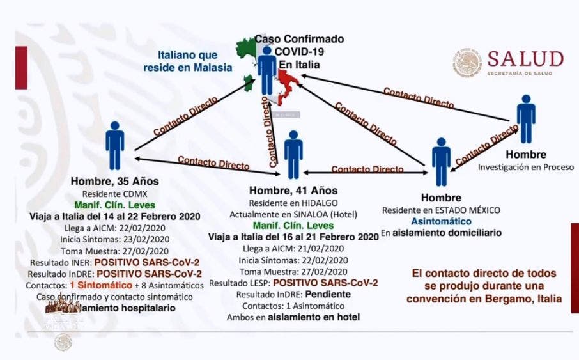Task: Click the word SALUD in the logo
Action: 525,59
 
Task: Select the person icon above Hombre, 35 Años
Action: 115,145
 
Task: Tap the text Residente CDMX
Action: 115,193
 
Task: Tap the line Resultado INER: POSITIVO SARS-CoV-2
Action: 116,262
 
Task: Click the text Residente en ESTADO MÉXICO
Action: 441,210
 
